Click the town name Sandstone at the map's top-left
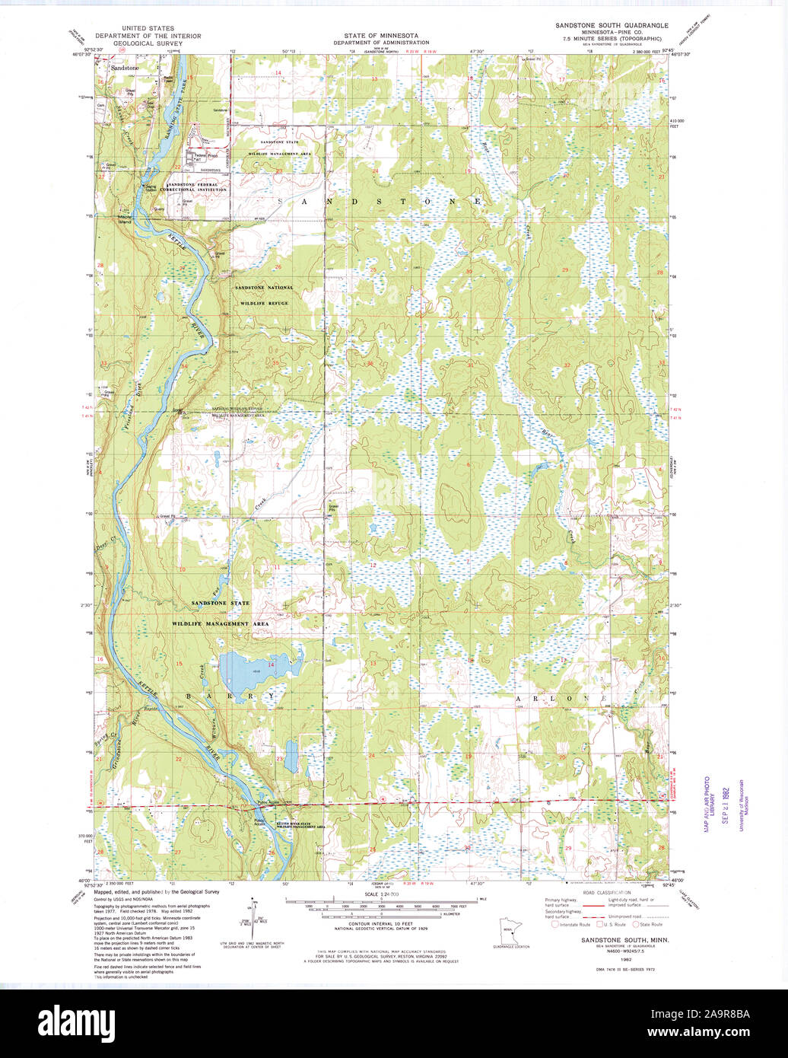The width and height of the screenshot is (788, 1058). coord(125,68)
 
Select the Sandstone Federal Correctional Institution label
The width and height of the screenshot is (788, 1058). coord(197,186)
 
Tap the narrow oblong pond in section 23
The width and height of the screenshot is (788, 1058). coord(292,757)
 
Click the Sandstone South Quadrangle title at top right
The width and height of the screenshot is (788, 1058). coord(612,26)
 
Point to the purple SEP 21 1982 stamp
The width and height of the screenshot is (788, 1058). coord(725,803)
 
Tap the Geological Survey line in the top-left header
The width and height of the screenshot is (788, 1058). coord(148,44)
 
